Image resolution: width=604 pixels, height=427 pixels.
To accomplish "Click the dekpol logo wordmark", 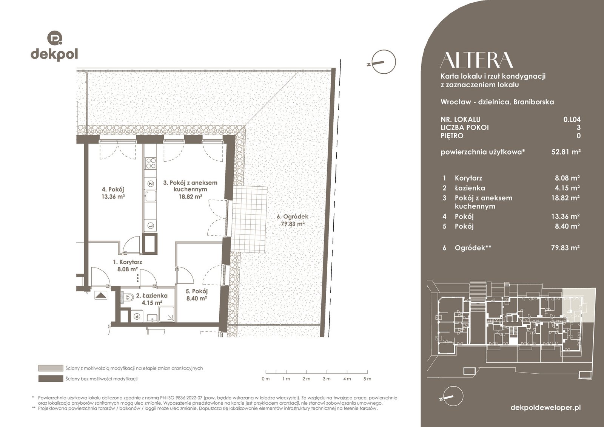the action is click(54, 54).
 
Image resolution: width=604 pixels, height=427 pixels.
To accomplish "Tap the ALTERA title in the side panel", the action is click(476, 60).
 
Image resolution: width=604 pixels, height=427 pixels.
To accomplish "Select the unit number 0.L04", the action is click(572, 119).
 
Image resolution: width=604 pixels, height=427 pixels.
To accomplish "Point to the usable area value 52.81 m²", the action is click(566, 152).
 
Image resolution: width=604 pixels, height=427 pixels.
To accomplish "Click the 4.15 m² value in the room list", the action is click(567, 188).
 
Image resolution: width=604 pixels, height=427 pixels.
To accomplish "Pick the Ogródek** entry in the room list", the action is click(473, 248).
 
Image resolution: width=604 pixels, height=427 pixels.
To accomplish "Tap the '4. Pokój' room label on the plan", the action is click(113, 189).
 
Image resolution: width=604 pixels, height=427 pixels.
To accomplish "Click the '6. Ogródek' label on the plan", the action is click(293, 217).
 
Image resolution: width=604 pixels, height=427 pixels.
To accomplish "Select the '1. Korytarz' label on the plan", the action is click(128, 262).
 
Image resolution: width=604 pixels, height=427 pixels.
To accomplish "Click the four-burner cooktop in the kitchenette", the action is click(151, 163).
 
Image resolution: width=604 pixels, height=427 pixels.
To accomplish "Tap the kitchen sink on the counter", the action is click(150, 196).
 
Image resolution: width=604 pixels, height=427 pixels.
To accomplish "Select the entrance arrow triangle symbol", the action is click(101, 295).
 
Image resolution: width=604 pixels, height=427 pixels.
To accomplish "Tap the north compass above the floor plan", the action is click(384, 62).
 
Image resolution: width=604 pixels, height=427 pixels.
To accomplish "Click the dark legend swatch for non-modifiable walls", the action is click(51, 378).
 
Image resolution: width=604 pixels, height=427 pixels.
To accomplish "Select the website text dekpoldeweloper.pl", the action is click(545, 407).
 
